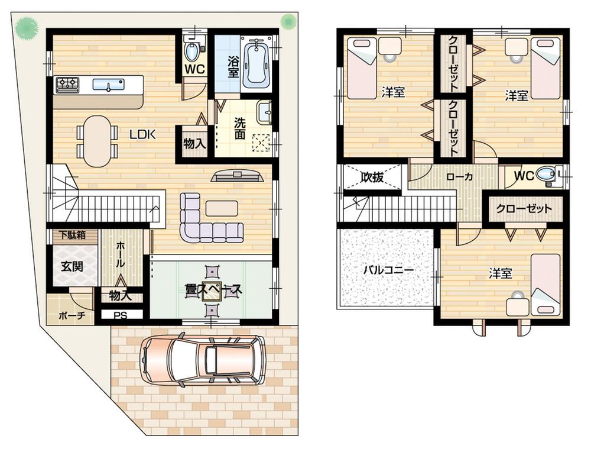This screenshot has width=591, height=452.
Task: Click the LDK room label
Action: click(142, 134)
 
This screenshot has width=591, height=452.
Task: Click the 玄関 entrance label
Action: click(72, 265)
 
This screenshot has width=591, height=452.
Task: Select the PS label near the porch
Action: click(121, 315)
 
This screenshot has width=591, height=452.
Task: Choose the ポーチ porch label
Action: click(72, 315)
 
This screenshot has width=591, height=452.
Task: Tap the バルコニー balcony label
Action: click(388, 269)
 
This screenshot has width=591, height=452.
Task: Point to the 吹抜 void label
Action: click(373, 177)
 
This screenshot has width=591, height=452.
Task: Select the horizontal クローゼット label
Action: click(524, 208)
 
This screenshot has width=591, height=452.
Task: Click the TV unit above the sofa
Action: click(236, 176)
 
